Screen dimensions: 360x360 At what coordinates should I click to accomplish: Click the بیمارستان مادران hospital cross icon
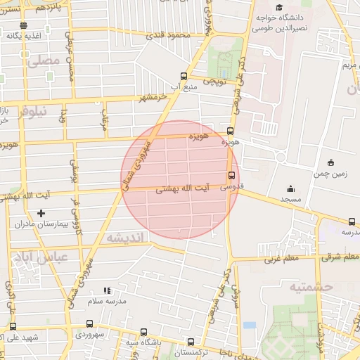(x=41, y=213)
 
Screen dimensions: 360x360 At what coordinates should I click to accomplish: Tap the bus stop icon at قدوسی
(x=231, y=176)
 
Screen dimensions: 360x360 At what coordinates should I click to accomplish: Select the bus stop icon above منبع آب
(x=184, y=76)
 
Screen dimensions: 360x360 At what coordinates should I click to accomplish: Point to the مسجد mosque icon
(x=291, y=188)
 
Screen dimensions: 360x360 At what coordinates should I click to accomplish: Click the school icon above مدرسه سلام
(x=107, y=290)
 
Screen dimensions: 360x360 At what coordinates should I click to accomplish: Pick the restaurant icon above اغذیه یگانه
(x=23, y=25)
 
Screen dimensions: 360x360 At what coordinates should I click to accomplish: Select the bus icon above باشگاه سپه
(x=144, y=332)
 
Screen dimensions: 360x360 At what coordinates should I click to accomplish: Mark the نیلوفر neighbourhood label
(x=34, y=110)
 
